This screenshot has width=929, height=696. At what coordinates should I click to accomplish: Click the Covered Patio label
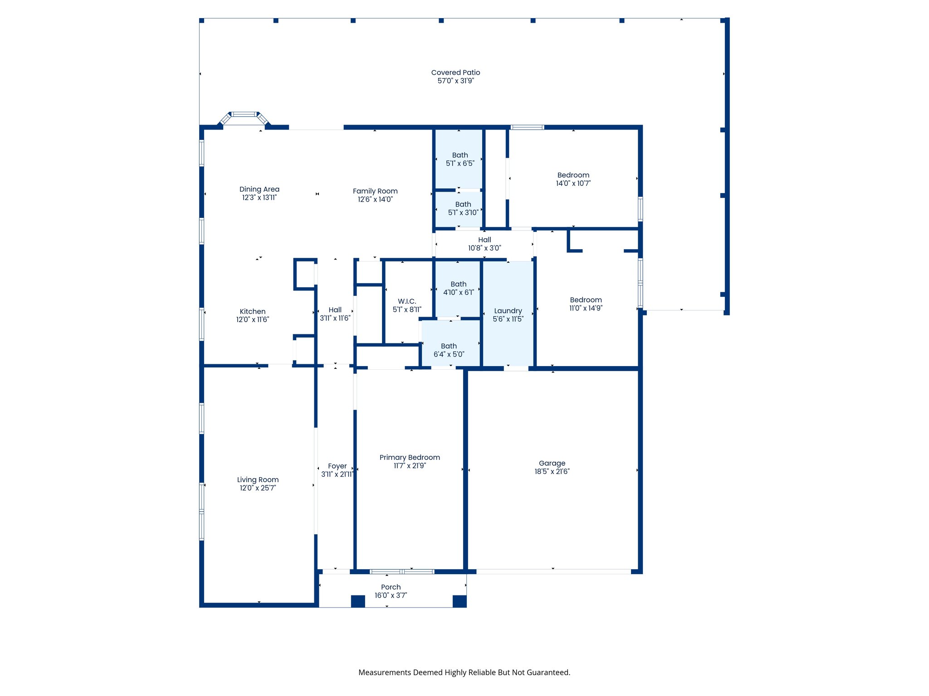coord(455,72)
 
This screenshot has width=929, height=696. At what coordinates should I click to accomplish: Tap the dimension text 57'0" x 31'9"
coord(455,81)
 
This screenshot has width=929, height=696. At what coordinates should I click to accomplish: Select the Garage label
coord(552,463)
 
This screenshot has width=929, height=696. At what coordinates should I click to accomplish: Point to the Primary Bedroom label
coord(410,457)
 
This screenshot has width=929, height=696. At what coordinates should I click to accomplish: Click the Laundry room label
coord(508,311)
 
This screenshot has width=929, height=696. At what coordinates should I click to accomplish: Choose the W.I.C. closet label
coord(407,301)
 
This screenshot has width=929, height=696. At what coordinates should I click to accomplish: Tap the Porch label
coord(391,587)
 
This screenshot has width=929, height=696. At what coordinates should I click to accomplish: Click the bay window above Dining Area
coord(244,115)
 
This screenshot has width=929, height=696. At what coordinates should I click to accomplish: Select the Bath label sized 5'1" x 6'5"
coord(460,155)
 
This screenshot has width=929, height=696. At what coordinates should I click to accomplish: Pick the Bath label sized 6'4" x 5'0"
coord(449,346)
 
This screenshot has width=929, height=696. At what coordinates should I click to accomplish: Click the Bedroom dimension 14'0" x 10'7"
coord(573,184)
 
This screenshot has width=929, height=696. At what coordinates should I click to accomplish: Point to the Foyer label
coord(337,466)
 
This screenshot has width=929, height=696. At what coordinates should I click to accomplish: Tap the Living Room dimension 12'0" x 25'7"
coord(258,488)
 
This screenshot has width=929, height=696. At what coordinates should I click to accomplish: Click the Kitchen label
coord(253,311)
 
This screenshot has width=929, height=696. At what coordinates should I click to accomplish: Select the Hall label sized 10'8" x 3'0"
coord(484,240)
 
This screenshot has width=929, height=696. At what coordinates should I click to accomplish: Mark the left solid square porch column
coord(358,601)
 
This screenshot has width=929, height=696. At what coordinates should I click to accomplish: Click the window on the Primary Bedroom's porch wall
coord(402,572)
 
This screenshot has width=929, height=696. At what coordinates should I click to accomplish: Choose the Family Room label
coord(375,191)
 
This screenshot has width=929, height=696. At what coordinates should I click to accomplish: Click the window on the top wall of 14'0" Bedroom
coord(527,127)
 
